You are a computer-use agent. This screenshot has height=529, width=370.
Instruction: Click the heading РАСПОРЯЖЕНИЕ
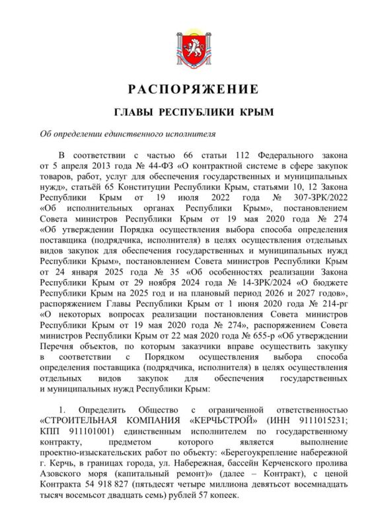click(185, 89)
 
